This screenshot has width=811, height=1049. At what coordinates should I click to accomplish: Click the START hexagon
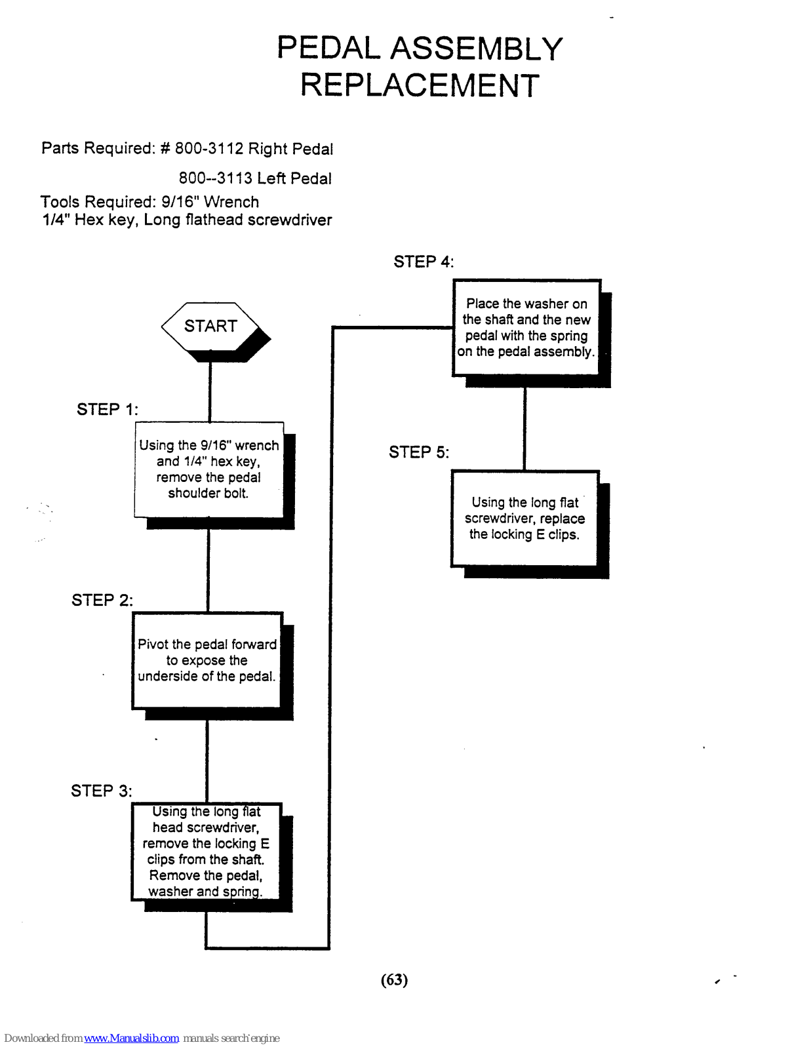[210, 327]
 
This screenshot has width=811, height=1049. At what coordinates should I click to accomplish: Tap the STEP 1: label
[108, 410]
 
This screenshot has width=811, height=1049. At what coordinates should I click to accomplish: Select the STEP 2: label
[102, 601]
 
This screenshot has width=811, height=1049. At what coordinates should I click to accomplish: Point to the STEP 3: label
[102, 791]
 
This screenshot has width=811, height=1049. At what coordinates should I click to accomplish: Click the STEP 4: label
[424, 262]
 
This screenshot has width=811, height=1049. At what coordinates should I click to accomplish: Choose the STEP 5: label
[419, 452]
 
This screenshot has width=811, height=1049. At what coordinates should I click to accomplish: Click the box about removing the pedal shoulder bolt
[208, 469]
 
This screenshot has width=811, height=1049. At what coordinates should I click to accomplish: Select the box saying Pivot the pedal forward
[207, 660]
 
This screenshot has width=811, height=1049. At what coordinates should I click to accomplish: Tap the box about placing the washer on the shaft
[526, 328]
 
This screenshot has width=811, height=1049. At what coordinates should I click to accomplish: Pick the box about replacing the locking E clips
[524, 518]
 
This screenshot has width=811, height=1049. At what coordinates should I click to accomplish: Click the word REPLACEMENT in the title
[420, 86]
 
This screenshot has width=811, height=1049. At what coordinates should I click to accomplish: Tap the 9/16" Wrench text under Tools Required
[210, 202]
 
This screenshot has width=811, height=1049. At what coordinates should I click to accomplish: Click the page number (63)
[394, 980]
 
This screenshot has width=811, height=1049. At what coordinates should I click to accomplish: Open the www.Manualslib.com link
[131, 1039]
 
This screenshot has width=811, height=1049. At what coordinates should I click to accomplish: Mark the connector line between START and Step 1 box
[210, 392]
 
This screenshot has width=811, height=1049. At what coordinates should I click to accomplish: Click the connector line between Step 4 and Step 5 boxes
[524, 429]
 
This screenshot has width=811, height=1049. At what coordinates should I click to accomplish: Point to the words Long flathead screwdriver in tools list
[238, 220]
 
